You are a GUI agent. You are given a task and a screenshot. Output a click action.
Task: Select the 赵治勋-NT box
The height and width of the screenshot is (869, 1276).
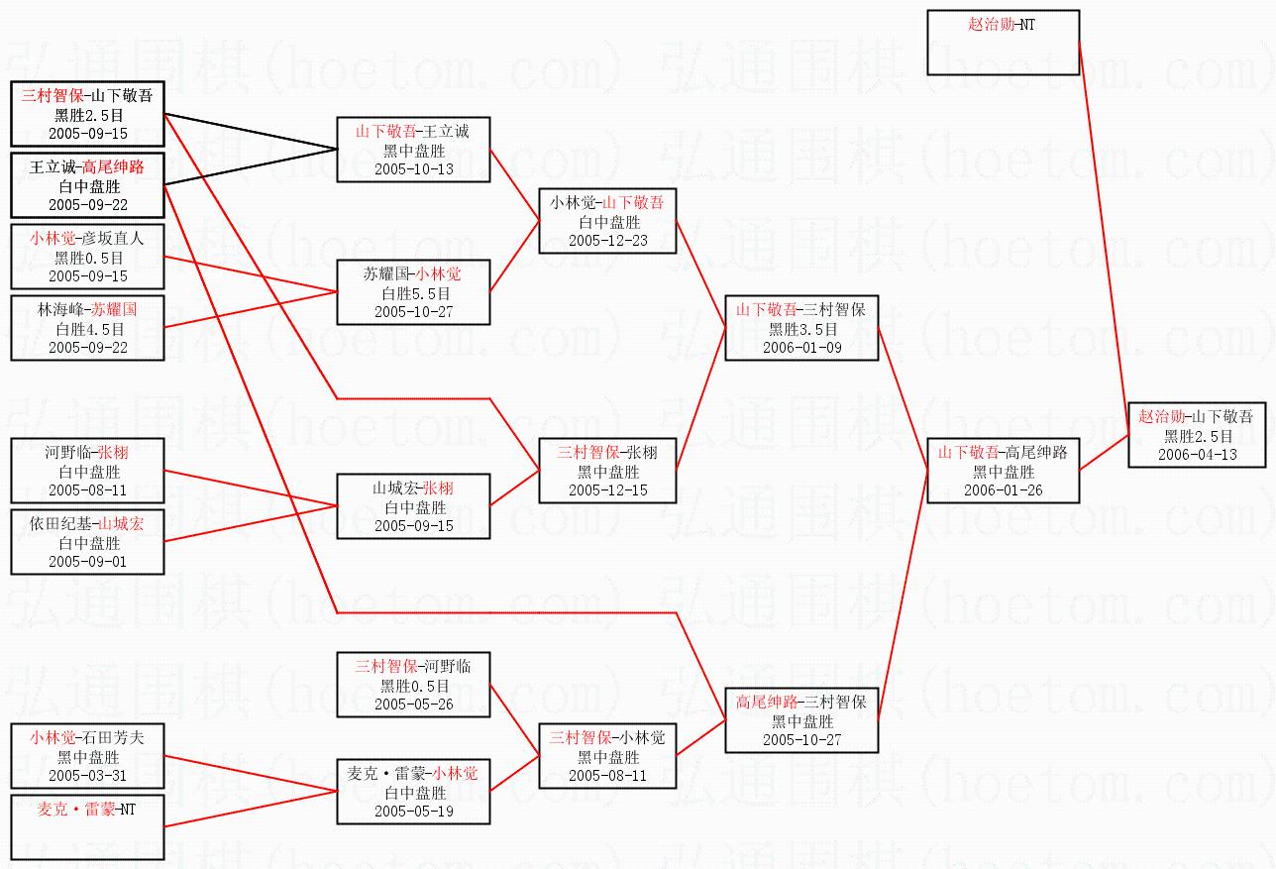pos(1003,43)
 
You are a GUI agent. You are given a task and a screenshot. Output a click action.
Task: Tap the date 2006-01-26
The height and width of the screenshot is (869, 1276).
pos(1003,489)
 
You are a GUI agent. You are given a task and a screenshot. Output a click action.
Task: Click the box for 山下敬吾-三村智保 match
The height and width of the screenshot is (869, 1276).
pos(800,328)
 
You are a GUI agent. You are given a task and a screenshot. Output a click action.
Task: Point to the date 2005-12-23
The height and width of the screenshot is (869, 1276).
pos(607,240)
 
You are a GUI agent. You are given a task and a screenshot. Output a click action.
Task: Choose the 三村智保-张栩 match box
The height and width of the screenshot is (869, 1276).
pos(607,471)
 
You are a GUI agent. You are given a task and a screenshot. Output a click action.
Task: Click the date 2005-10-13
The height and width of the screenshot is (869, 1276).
pos(413,168)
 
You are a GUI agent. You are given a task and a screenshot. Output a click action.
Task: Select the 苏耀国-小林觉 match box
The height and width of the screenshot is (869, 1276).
pos(413,292)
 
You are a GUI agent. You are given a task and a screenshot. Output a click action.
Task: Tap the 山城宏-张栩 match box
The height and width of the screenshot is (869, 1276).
pos(413,506)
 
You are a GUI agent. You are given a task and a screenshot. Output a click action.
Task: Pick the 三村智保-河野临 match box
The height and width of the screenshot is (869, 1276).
pos(413,684)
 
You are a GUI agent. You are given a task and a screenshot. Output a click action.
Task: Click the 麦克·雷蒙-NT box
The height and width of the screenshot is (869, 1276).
pos(87,827)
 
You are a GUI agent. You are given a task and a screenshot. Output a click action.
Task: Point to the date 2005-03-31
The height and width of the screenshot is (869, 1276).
pos(88,775)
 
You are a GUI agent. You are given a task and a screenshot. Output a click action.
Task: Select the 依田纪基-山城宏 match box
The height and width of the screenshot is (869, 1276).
pos(87,542)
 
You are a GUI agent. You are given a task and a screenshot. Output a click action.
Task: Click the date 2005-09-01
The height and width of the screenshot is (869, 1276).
pos(88,561)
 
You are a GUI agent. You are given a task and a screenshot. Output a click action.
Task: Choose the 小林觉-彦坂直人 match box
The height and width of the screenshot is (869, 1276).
pos(87,257)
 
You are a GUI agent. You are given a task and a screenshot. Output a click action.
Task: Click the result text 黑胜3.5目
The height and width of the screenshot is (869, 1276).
pos(802,329)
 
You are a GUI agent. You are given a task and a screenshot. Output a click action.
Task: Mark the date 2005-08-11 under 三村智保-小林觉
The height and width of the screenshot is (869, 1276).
pos(607,775)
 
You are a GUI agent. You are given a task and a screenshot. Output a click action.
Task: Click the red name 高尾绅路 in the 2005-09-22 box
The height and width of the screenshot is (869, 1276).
pos(113,167)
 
